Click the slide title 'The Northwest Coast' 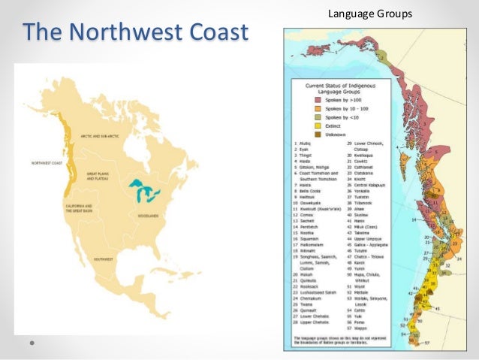point(136,32)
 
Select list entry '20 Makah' point(300,275)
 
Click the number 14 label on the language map point(414,219)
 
